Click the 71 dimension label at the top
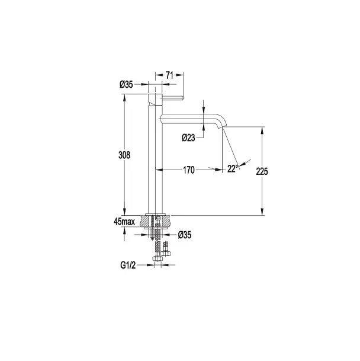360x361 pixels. pyautogui.click(x=169, y=75)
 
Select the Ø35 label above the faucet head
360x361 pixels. pyautogui.click(x=126, y=85)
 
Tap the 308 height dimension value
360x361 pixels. pyautogui.click(x=124, y=155)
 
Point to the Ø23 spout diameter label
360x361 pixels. pyautogui.click(x=188, y=138)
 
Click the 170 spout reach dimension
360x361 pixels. pyautogui.click(x=189, y=170)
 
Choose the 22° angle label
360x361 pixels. pyautogui.click(x=232, y=169)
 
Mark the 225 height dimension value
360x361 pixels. pyautogui.click(x=262, y=171)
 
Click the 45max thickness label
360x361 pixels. pyautogui.click(x=124, y=222)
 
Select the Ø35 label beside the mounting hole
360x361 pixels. pyautogui.click(x=185, y=235)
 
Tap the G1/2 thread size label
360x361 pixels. pyautogui.click(x=128, y=266)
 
